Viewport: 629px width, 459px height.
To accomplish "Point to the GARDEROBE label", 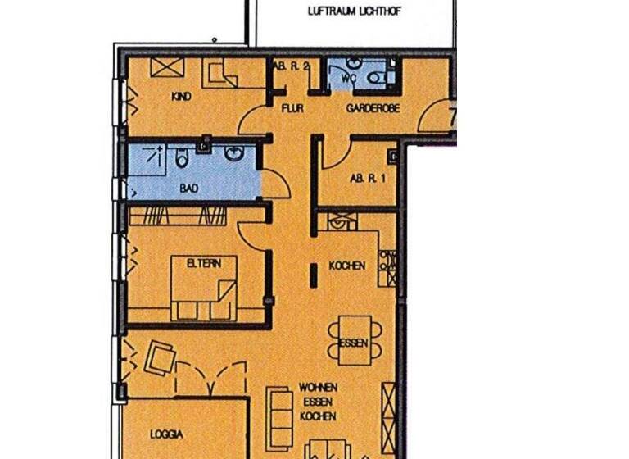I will [373, 108].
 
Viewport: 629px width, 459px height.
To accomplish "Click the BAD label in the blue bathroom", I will [188, 188].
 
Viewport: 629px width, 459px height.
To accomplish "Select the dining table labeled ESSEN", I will [353, 342].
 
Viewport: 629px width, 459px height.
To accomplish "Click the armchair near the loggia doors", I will [159, 358].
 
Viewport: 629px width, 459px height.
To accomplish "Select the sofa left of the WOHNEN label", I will [281, 415].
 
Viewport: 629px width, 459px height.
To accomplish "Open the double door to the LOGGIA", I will [210, 379].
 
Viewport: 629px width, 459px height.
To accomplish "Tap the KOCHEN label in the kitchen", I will [346, 266].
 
